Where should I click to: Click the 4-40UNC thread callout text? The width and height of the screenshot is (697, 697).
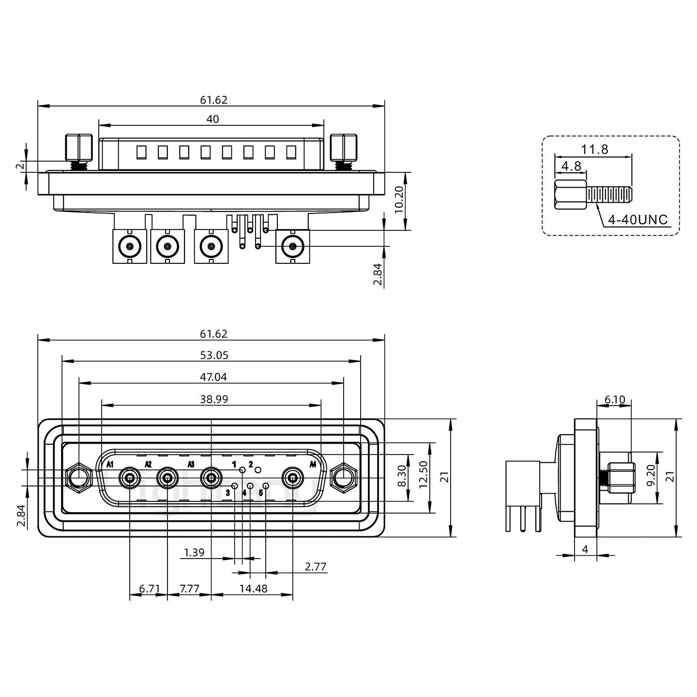coord(637,220)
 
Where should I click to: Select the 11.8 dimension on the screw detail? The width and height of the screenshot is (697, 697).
coord(594,149)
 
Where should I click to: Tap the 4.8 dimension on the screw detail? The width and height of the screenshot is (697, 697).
coord(571,167)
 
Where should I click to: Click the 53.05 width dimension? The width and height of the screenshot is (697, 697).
coord(214,355)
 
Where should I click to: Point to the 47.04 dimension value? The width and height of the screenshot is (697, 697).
coord(213,377)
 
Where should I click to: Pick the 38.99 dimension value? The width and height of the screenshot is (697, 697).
coord(214,399)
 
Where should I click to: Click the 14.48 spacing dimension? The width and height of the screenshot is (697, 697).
coord(253,589)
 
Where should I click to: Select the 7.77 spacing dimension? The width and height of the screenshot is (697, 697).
coord(189,589)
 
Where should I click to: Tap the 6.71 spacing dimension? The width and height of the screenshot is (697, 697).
coord(149,589)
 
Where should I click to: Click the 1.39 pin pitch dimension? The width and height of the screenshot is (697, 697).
coord(195,552)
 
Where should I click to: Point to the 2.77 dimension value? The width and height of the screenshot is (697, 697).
coord(316,566)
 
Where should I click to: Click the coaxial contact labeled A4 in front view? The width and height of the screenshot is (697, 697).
coord(293,479)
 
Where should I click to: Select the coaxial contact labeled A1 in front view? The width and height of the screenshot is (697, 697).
coord(130,479)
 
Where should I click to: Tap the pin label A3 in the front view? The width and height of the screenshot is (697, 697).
coord(191,465)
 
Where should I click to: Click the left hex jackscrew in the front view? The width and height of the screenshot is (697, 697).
coord(78,478)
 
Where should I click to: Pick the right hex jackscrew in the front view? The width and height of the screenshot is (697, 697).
coord(343,478)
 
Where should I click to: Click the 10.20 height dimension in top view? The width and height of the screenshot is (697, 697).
coord(399,201)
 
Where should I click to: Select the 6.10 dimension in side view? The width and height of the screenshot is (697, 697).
coord(615,400)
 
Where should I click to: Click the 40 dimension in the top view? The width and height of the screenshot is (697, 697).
coord(212,119)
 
